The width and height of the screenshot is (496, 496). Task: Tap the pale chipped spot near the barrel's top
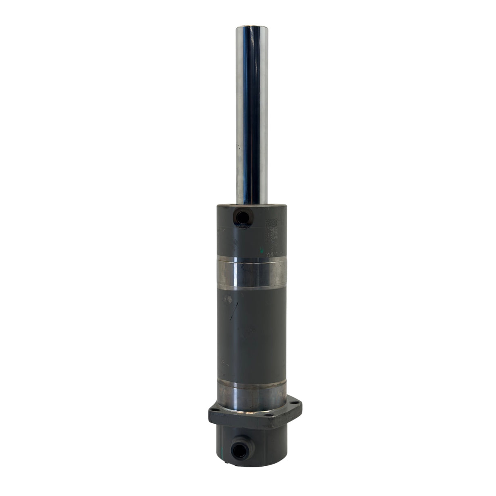(x=229, y=300)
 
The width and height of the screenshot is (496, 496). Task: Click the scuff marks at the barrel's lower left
(x=224, y=362)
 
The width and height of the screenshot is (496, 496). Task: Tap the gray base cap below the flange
(x=261, y=445)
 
